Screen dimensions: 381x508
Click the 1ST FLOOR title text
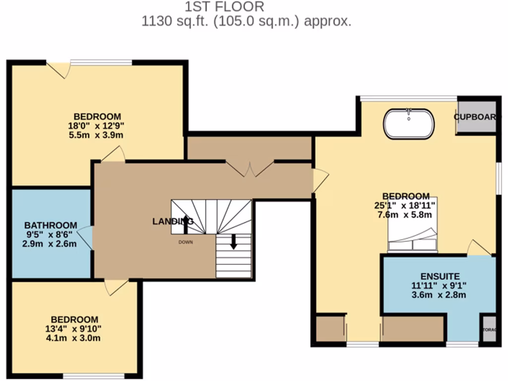pos(224,7)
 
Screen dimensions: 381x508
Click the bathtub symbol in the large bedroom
pos(409,124)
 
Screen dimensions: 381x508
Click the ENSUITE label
pos(440,276)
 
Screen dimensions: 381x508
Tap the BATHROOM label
pos(51,225)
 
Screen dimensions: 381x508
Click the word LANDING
pos(172,222)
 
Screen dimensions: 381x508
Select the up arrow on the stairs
pos(186,224)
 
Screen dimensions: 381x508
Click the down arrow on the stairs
pos(234,242)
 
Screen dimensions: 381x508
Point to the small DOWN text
pos(186,242)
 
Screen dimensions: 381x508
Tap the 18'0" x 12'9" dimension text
pos(96,126)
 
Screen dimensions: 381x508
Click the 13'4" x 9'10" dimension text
pos(74,329)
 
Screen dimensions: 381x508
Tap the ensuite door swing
pos(478,248)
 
